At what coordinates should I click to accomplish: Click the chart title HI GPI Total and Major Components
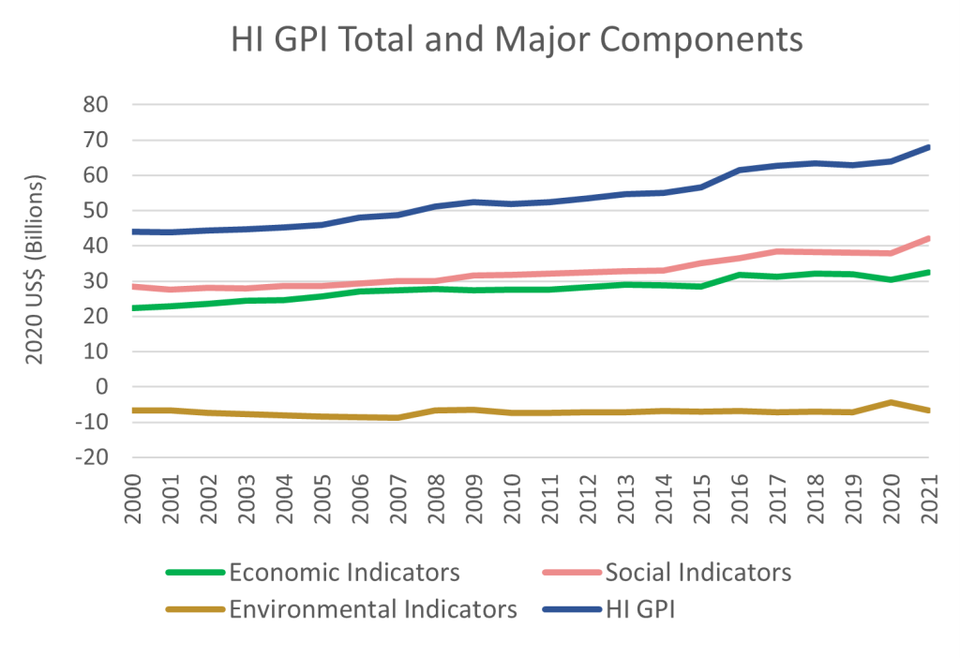(x=517, y=40)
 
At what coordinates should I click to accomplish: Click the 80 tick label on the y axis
(x=97, y=105)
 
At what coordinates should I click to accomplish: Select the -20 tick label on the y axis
(x=92, y=457)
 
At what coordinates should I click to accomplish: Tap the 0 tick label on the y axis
(x=103, y=387)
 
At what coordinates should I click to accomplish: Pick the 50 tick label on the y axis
(x=97, y=211)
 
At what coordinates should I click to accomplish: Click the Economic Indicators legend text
(x=344, y=572)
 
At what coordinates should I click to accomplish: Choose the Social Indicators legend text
(x=698, y=572)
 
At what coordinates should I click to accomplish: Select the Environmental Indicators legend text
(x=373, y=610)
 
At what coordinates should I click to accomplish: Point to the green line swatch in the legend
(x=194, y=572)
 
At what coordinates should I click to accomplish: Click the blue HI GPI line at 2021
(x=928, y=147)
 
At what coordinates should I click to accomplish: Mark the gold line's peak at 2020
(x=890, y=403)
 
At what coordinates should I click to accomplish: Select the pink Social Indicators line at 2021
(x=928, y=238)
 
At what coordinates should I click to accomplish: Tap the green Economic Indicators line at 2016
(x=740, y=275)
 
